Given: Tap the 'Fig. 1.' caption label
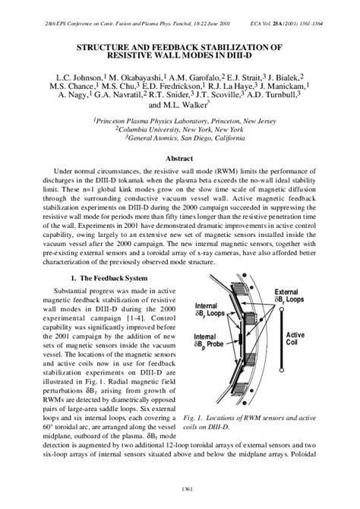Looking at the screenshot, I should (x=196, y=418).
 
